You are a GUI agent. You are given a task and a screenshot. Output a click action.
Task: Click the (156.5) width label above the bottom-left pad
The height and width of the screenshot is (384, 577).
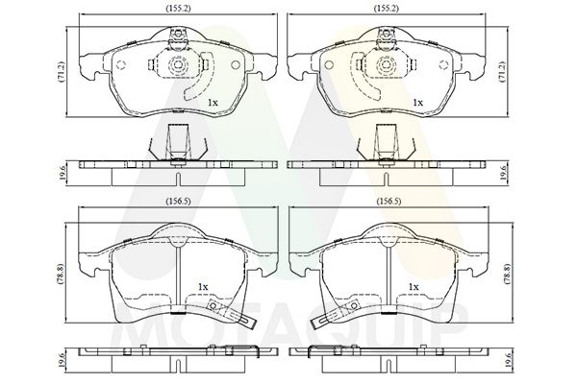[176, 203]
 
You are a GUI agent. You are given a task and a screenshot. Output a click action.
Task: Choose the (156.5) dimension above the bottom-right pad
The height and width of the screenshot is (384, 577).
[388, 203]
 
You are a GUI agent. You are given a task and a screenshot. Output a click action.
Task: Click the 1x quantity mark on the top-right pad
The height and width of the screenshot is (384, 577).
[417, 102]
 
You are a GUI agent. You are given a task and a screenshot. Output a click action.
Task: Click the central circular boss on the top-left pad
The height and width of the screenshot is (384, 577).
[177, 68]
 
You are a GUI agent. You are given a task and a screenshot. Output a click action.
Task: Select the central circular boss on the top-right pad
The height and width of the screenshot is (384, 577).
[388, 68]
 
